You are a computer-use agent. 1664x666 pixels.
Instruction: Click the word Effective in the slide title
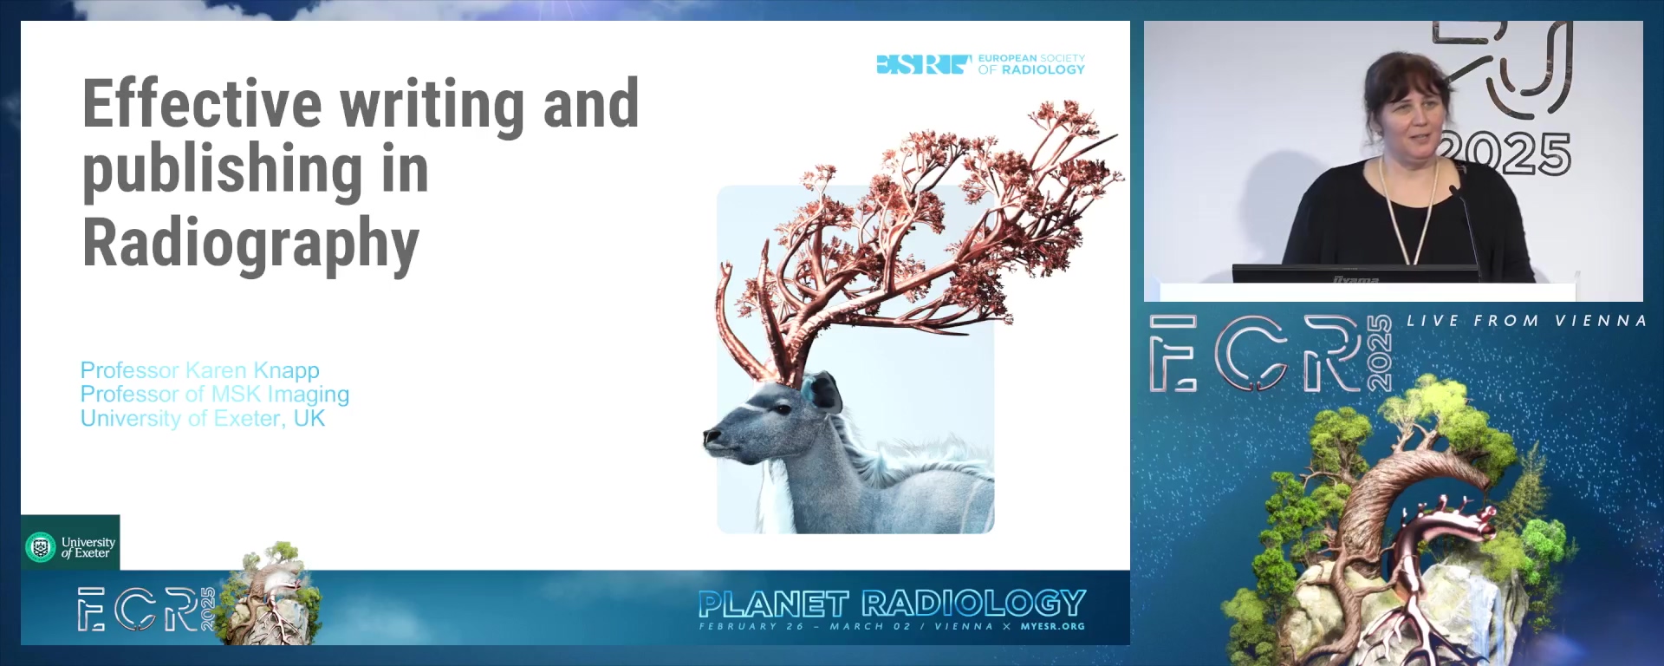tap(201, 104)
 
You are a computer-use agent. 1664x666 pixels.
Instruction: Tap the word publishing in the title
tap(222, 172)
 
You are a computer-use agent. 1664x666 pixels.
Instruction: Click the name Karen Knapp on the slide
tap(252, 370)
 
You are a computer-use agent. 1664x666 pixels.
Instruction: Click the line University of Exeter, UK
tap(203, 419)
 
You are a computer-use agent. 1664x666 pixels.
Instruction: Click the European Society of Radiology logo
tap(980, 64)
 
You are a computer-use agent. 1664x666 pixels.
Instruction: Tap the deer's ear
tap(823, 391)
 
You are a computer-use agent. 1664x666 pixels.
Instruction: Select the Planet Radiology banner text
tap(892, 604)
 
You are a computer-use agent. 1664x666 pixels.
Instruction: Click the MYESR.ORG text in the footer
tap(1052, 626)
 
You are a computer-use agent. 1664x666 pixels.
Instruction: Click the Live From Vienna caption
tap(1526, 321)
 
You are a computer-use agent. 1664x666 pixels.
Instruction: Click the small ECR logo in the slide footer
tap(143, 609)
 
